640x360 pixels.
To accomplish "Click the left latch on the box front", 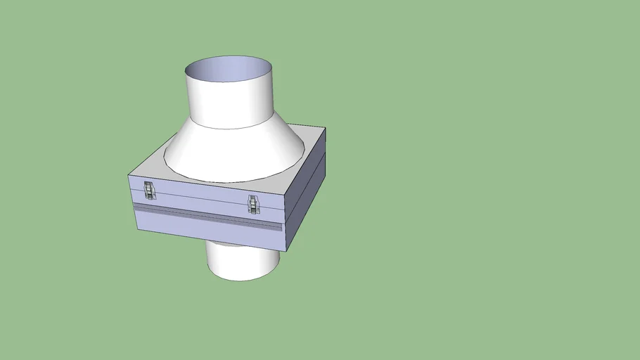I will tap(148, 190).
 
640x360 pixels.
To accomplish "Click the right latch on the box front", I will tap(253, 204).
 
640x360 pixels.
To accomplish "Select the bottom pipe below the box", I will tap(243, 262).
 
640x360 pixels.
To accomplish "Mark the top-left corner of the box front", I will tap(129, 175).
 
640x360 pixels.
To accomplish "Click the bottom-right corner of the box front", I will tap(285, 251).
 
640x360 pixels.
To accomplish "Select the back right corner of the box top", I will tap(325, 129).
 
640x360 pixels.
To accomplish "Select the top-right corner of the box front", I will tap(288, 194).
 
